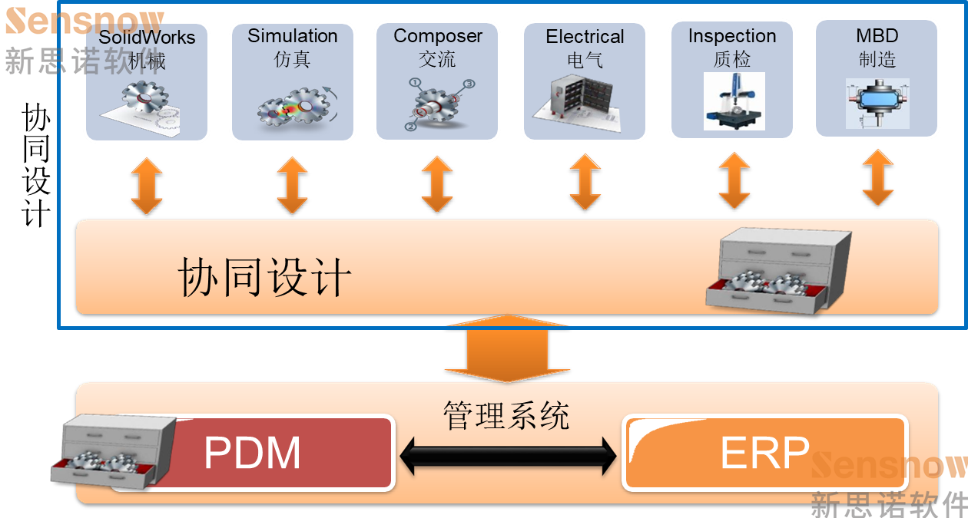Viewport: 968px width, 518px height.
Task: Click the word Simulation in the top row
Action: coord(293,36)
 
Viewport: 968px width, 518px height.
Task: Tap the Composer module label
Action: coord(438,36)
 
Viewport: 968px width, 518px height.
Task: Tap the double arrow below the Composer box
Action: coord(437,184)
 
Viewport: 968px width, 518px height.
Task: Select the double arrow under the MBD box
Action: coord(877,178)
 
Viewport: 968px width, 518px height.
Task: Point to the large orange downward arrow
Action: coord(507,350)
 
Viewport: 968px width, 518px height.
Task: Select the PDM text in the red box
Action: coord(252,453)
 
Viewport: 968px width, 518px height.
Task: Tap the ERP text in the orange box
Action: coord(764,453)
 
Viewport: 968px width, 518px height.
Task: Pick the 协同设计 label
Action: coord(264,278)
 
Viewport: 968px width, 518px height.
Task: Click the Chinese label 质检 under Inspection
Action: coord(731,59)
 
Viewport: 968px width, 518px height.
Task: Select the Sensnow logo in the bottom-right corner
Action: coord(889,483)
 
